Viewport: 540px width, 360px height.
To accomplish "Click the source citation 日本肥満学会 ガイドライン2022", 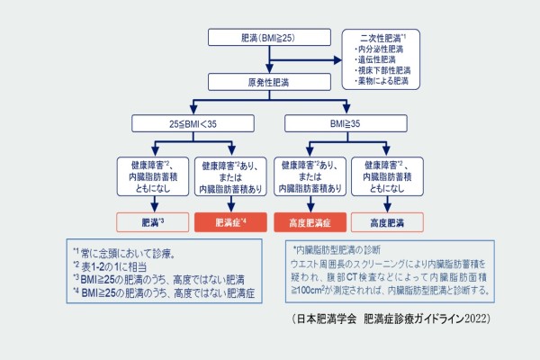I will click(x=391, y=320).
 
